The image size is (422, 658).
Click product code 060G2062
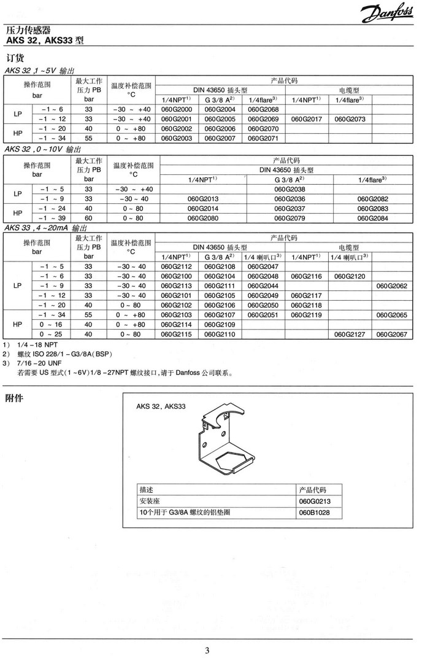(x=392, y=286)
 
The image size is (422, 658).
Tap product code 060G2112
(x=176, y=266)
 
